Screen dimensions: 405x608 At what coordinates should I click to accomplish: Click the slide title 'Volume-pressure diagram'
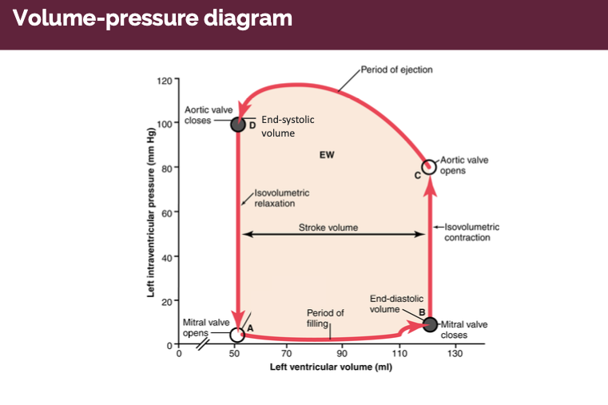tap(153, 18)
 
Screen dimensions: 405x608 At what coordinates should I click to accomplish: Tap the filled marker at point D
tap(237, 124)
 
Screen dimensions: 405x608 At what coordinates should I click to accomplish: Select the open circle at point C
tap(429, 166)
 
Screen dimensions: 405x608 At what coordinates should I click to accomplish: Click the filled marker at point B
tap(430, 324)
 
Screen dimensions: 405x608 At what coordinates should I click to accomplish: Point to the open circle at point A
tap(237, 334)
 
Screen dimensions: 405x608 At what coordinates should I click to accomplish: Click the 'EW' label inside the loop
tap(327, 155)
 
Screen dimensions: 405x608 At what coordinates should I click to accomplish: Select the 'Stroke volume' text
tap(328, 228)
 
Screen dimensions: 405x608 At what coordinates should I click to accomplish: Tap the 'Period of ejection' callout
tap(396, 69)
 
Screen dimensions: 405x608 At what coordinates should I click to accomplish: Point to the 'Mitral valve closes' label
tap(464, 330)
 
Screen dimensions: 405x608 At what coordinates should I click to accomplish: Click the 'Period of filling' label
tap(325, 318)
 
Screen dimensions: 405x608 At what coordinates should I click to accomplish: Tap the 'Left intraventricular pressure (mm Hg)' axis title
tap(151, 212)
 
